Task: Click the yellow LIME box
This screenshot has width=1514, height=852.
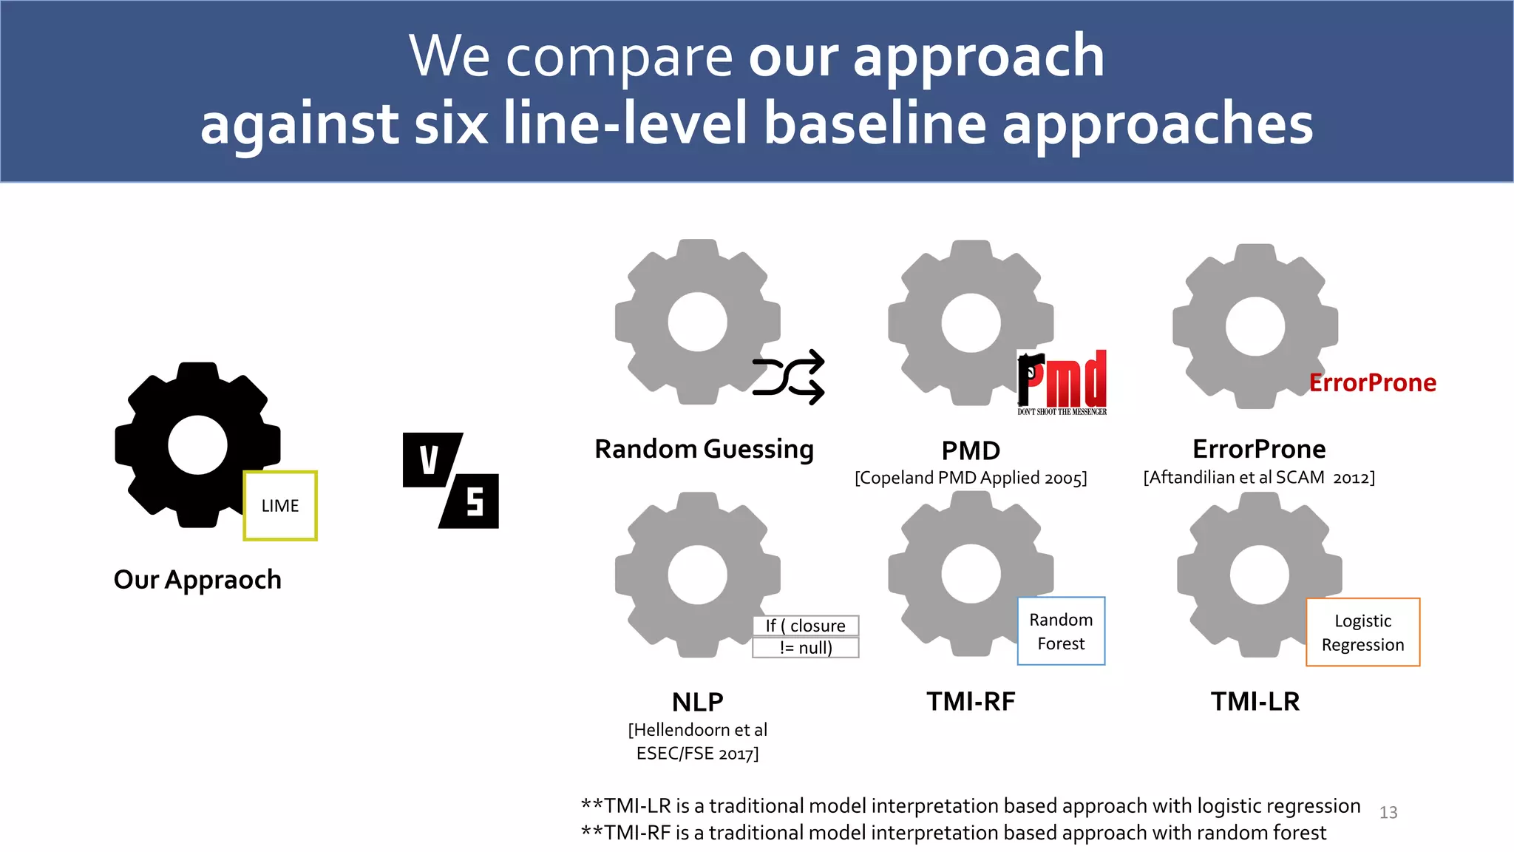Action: click(280, 506)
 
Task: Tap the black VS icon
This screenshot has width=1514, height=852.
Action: click(451, 481)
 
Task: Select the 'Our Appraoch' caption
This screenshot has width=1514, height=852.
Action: click(197, 580)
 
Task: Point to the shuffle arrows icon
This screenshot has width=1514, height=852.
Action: click(789, 377)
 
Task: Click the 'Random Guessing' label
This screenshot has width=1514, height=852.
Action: click(704, 450)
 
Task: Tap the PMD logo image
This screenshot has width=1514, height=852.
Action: click(1062, 382)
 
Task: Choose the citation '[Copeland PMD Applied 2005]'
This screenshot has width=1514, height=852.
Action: click(971, 478)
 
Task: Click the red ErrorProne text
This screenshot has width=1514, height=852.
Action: click(1373, 383)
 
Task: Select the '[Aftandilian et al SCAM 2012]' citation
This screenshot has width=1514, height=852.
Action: click(1259, 478)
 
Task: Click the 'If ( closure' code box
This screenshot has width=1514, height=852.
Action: click(805, 626)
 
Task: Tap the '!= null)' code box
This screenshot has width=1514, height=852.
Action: click(805, 648)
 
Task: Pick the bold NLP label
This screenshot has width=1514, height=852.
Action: click(697, 701)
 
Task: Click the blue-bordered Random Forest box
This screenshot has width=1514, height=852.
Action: click(1061, 631)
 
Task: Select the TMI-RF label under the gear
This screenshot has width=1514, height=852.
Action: click(971, 701)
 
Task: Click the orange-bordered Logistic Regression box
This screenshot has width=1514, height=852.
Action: click(1362, 632)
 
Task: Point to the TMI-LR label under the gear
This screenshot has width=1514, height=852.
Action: click(1255, 701)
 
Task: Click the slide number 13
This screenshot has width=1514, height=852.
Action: click(1388, 813)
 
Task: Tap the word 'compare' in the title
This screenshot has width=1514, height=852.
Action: click(619, 57)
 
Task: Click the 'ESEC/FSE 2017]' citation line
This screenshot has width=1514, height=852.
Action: click(697, 754)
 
